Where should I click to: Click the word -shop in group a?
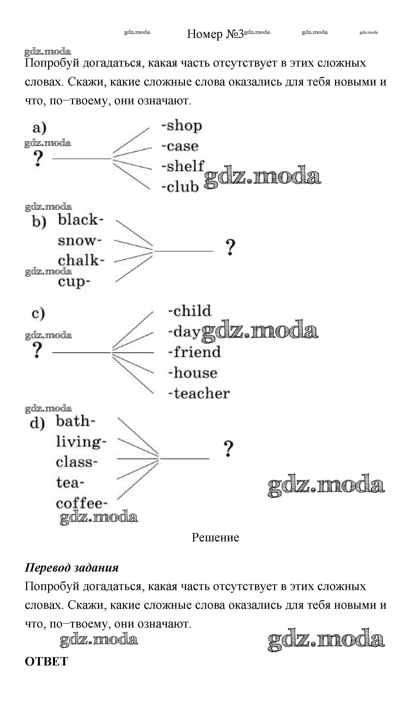pyautogui.click(x=182, y=126)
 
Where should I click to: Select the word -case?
pyautogui.click(x=180, y=146)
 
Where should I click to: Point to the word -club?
pyautogui.click(x=180, y=187)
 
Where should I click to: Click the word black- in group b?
pyautogui.click(x=81, y=220)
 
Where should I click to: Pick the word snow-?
pyautogui.click(x=80, y=241)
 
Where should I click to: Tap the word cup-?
pyautogui.click(x=74, y=282)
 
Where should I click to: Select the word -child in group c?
pyautogui.click(x=190, y=311)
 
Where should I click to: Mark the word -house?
pyautogui.click(x=193, y=373)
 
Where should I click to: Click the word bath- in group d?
pyautogui.click(x=75, y=421)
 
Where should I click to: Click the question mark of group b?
pyautogui.click(x=230, y=247)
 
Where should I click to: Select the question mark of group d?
pyautogui.click(x=228, y=449)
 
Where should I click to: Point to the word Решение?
pyautogui.click(x=215, y=537)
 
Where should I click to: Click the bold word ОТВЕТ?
pyautogui.click(x=46, y=661)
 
